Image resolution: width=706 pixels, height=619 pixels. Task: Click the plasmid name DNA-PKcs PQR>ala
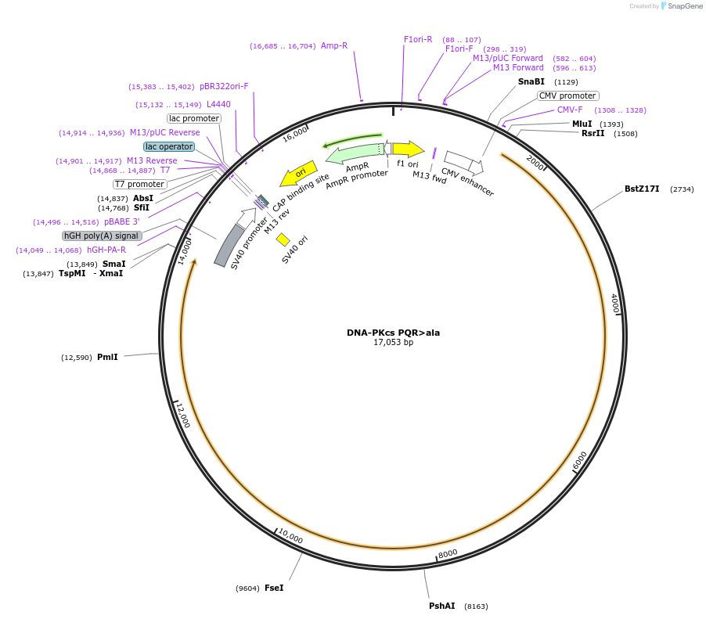coord(393,332)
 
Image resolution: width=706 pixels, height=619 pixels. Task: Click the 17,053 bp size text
coord(393,343)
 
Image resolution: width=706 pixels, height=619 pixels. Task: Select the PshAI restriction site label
coord(441,606)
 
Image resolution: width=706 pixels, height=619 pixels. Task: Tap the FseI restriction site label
coord(274,587)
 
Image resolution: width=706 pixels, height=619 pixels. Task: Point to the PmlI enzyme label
coord(107,357)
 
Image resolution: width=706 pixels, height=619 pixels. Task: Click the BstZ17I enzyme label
coord(642,189)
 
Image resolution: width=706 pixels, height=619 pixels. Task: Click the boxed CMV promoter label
coord(567,95)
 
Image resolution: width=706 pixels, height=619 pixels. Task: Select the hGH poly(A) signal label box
coord(102,236)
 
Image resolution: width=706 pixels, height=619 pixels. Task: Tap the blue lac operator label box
coord(168,146)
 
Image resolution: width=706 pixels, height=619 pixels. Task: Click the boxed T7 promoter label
coord(139,184)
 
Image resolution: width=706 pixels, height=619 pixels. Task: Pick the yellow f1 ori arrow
coord(407,149)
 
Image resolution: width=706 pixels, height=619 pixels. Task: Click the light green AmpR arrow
coord(352,152)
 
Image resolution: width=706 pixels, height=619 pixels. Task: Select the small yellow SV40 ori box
coord(283,239)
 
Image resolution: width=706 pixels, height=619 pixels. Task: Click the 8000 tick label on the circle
coord(448,553)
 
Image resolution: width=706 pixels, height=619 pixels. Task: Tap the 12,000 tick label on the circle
coord(182,416)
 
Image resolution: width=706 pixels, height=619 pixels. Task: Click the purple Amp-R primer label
coord(334,45)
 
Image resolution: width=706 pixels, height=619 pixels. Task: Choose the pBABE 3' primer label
coord(121,221)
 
